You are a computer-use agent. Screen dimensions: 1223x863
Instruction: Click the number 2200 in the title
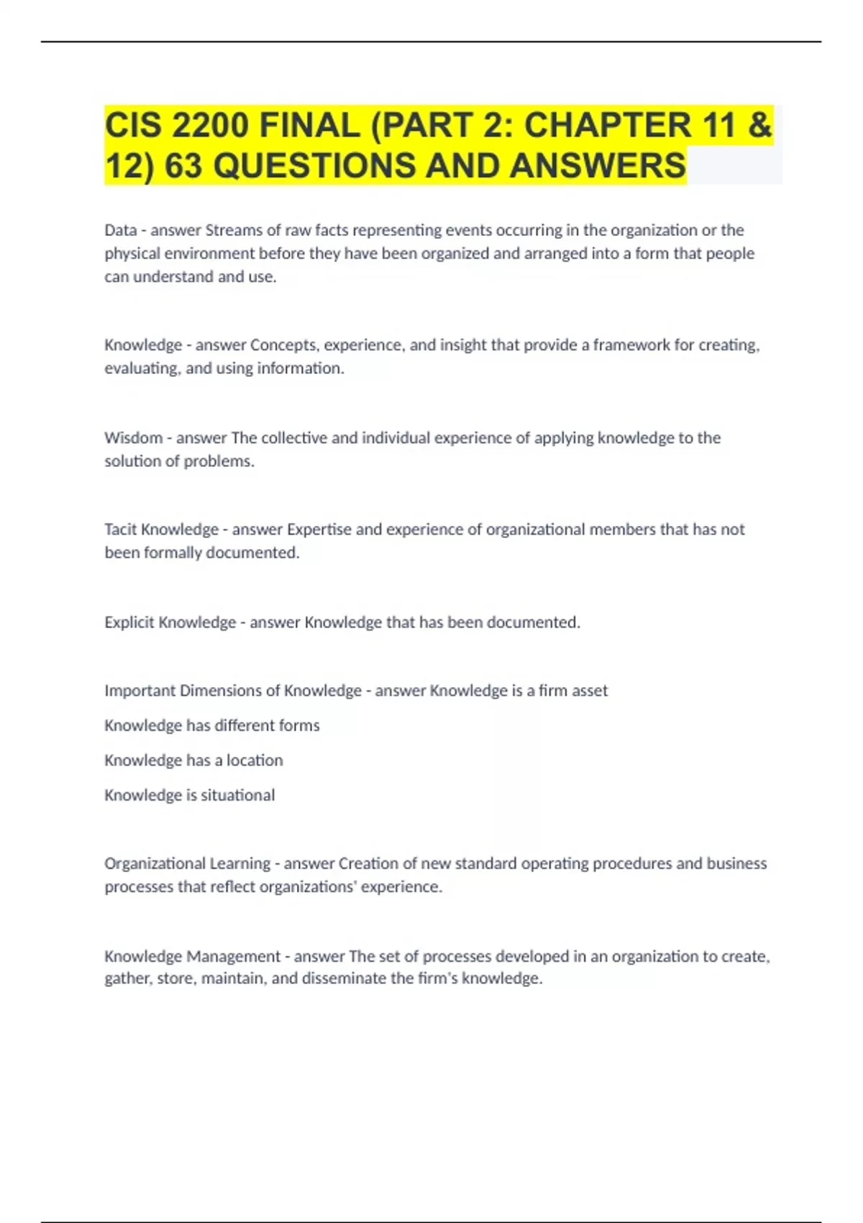(210, 126)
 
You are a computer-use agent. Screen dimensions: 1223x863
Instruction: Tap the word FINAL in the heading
(309, 126)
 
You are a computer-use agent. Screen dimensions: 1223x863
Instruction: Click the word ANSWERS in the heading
(598, 166)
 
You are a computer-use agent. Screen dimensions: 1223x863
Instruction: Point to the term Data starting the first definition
(120, 230)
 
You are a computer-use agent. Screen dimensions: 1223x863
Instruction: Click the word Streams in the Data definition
(234, 230)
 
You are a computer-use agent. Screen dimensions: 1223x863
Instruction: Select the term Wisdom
(133, 437)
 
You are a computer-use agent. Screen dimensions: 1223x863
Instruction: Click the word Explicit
(129, 622)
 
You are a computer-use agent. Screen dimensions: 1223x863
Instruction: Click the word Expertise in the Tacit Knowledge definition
(319, 529)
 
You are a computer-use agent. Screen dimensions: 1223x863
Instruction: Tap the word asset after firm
(590, 691)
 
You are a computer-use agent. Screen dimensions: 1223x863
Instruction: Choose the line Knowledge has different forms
(211, 725)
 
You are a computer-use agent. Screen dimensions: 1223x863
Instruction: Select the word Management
(233, 956)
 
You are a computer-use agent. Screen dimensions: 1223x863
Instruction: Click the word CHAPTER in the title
(607, 126)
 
